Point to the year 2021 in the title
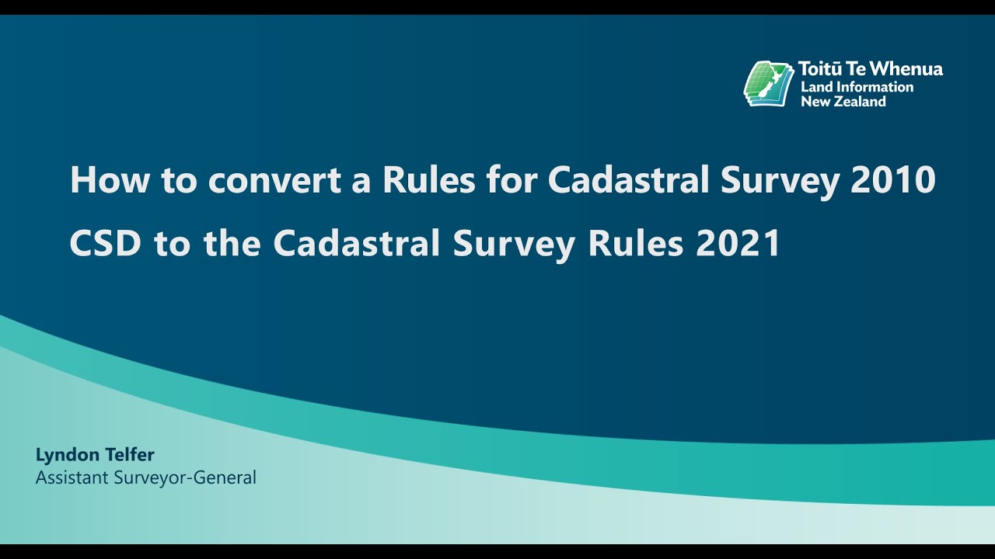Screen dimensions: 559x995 point(738,244)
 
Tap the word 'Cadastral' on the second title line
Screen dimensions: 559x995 point(358,244)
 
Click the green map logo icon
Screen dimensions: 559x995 point(768,83)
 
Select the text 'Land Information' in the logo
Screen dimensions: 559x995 point(857,86)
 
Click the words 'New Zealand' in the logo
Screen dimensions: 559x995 point(843,101)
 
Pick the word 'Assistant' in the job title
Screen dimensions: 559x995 point(72,477)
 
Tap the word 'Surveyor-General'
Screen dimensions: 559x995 point(185,477)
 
